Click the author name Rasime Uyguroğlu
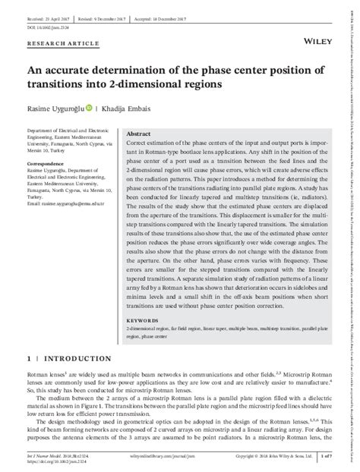tap(55, 107)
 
